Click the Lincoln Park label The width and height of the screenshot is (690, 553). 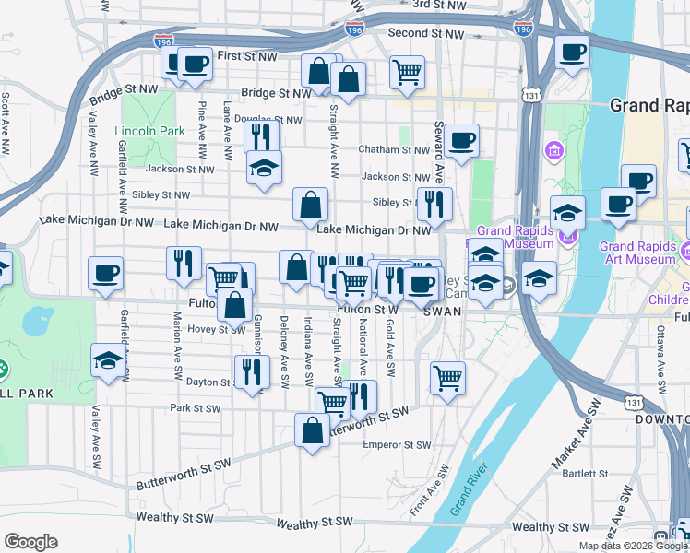pos(150,132)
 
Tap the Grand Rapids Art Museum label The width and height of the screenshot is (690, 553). pos(637,253)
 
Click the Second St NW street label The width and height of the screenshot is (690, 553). pos(425,32)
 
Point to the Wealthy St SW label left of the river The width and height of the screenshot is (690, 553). pos(315,524)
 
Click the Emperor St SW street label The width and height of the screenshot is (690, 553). pos(397,445)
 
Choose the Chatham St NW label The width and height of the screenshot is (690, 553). pos(394,149)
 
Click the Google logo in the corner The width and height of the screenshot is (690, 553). pos(30,542)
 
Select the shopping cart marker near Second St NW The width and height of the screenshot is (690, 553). pos(407,70)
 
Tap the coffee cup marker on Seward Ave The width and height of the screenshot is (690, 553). pos(461,140)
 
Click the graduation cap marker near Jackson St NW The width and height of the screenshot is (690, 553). pos(264,169)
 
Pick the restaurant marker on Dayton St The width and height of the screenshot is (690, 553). pos(251,371)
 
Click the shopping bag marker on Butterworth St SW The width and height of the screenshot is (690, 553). pos(312,429)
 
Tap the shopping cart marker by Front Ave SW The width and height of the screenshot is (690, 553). pos(447,377)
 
